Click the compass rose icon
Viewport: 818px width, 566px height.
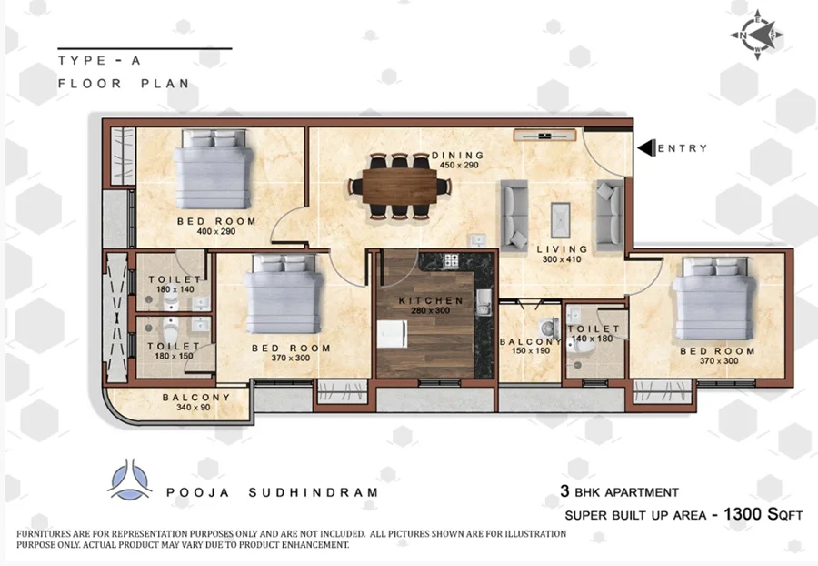point(757,35)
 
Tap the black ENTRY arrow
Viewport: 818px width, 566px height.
point(646,147)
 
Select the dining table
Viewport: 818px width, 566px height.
point(400,186)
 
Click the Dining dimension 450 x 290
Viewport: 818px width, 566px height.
point(459,165)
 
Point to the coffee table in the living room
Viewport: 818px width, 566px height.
point(561,220)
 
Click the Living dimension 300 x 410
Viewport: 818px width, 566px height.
point(562,259)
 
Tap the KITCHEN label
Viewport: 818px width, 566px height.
point(431,301)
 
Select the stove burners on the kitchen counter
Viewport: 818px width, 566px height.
point(451,260)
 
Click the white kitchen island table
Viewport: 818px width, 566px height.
point(392,334)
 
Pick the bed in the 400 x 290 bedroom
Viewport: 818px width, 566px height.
point(214,169)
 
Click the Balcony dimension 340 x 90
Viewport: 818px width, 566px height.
point(194,408)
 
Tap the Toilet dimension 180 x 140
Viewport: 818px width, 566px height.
point(175,289)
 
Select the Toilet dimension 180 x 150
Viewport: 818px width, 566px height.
point(174,356)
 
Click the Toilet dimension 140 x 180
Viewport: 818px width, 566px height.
point(592,339)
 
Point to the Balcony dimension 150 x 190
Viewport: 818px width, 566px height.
point(531,351)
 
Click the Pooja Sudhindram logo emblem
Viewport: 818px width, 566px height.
point(130,480)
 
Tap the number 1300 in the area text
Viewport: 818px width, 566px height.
point(743,514)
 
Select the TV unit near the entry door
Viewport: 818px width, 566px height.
point(544,136)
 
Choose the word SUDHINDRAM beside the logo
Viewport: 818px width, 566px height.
point(313,492)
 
